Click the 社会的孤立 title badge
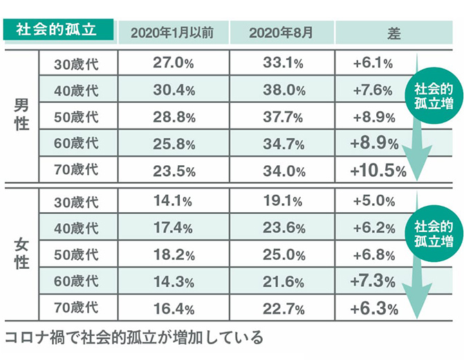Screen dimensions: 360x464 click(x=57, y=31)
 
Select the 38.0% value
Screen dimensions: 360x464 click(x=283, y=90)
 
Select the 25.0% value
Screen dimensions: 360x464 click(x=283, y=254)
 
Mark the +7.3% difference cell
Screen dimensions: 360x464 click(x=373, y=281)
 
